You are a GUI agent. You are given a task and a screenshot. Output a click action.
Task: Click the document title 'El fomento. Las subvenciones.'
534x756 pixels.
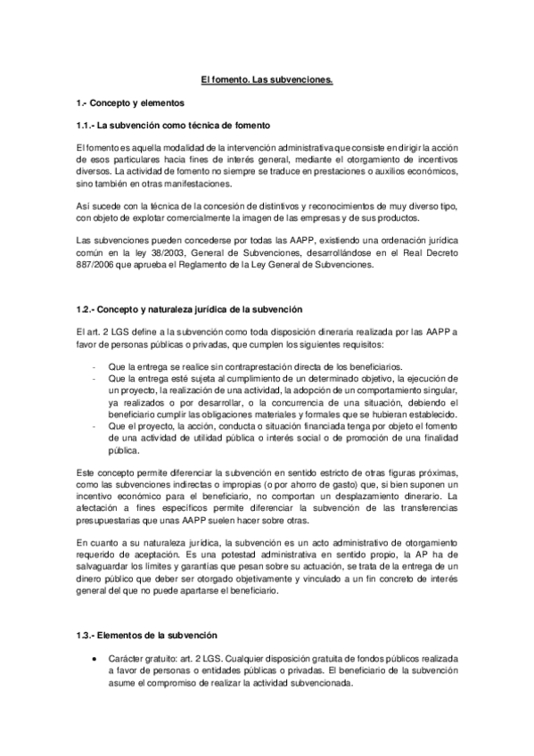pos(267,81)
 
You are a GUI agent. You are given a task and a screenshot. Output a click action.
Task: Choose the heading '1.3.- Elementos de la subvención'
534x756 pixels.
pos(146,635)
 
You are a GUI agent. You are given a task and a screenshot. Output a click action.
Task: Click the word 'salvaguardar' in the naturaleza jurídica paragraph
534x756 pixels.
pos(103,567)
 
